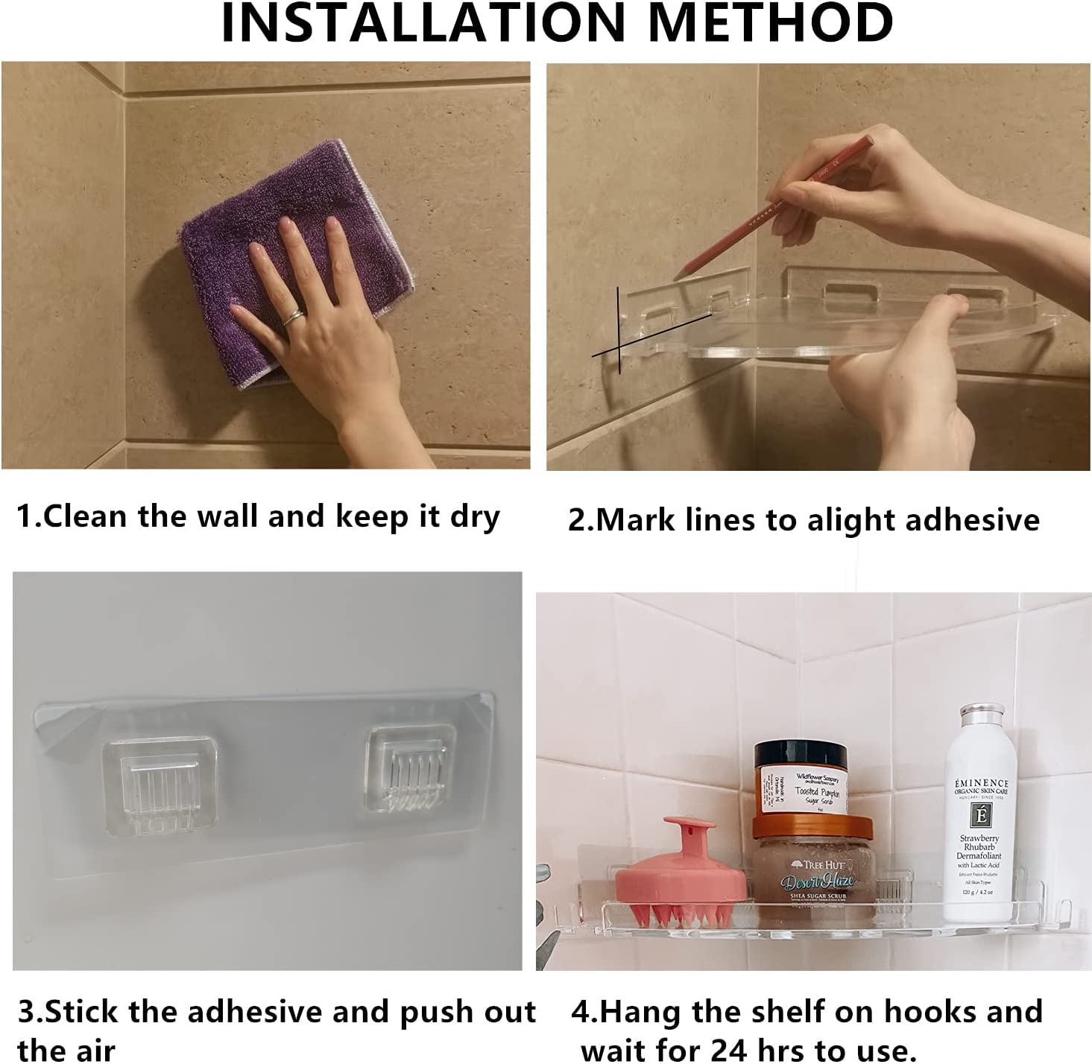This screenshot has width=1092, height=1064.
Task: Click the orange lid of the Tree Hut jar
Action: pos(812,826)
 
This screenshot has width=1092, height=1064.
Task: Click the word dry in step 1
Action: pos(474,516)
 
